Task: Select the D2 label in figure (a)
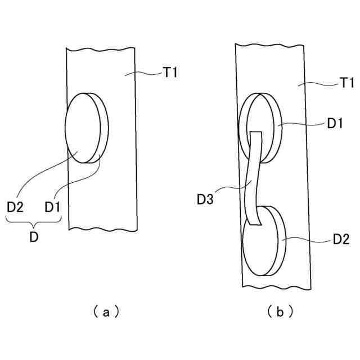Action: pos(15,208)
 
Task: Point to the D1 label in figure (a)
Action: pos(52,208)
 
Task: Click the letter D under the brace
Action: pos(34,237)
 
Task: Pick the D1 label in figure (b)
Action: pos(335,124)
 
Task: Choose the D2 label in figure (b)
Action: pos(341,240)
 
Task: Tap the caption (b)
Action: pos(280,310)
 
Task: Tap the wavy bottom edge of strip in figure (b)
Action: pos(276,288)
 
